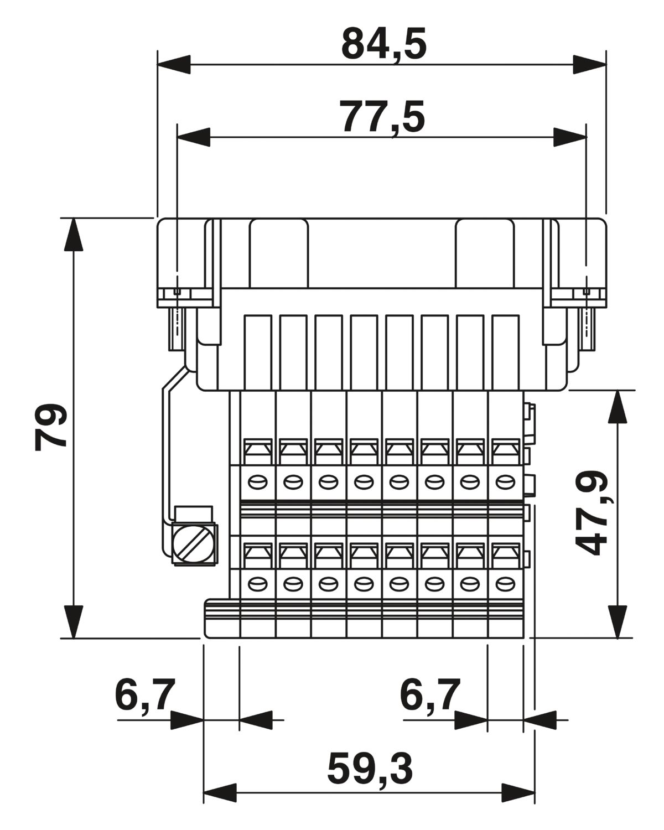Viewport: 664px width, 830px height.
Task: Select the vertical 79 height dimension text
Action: click(x=51, y=427)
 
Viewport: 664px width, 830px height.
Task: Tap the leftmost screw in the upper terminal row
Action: click(x=258, y=482)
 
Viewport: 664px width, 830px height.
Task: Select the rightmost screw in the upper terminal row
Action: click(x=505, y=482)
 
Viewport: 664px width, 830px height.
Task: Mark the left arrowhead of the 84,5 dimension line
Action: click(x=174, y=64)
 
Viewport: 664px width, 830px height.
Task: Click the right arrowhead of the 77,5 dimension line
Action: click(x=570, y=137)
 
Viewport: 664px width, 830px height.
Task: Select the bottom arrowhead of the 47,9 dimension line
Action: click(x=618, y=622)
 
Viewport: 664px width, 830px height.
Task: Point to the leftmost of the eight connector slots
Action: click(x=258, y=352)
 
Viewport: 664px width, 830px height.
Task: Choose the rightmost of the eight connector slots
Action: click(x=505, y=352)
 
